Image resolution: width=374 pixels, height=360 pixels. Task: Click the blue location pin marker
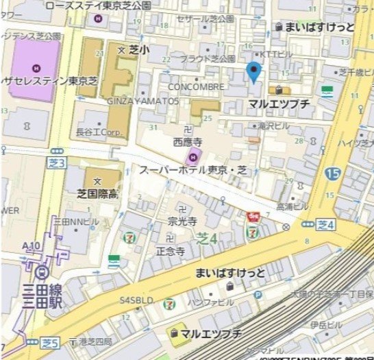tap(254, 72)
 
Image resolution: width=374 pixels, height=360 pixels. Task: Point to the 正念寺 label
tap(169, 252)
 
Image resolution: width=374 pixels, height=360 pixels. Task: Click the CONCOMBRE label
tap(196, 87)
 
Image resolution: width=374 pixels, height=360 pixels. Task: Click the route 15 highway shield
tap(332, 173)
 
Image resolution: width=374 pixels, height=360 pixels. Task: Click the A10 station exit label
tap(31, 245)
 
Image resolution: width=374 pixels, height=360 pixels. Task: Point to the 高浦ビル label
tap(292, 206)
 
